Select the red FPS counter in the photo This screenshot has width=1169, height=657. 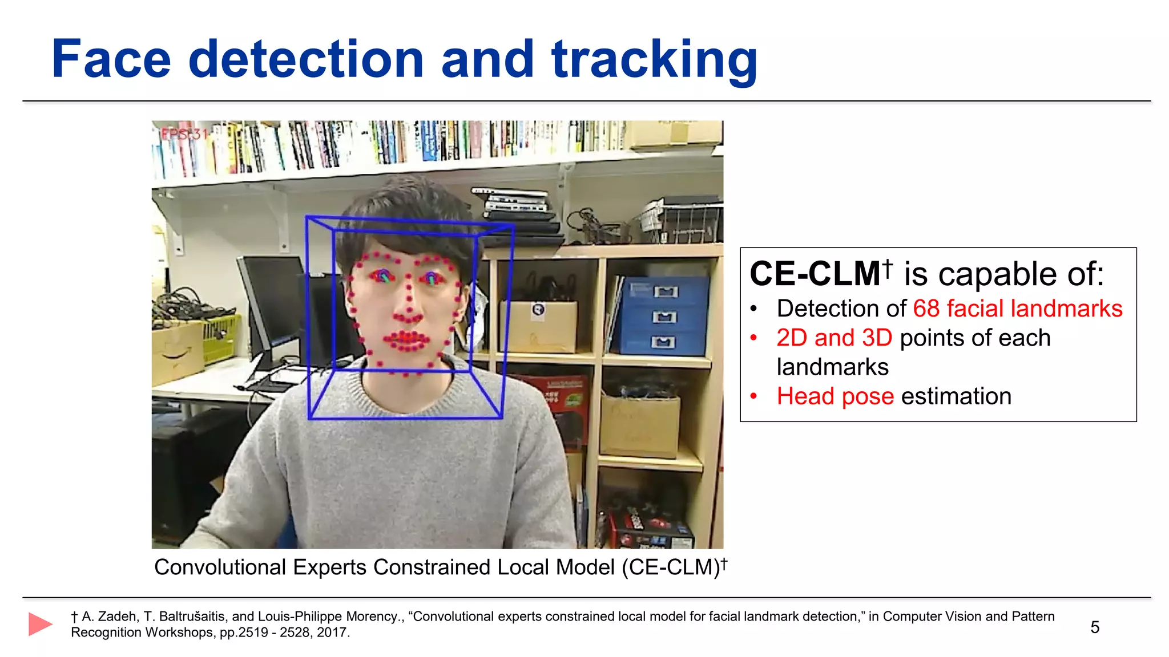coord(184,135)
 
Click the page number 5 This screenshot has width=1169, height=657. coord(1094,627)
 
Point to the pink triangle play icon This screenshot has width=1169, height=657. coord(40,624)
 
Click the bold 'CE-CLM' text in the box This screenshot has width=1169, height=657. coord(815,274)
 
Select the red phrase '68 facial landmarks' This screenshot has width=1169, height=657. coord(1017,309)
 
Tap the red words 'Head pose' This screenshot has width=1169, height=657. coord(835,396)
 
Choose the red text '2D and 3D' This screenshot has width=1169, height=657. coord(834,338)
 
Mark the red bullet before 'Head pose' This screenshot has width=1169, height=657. coord(754,396)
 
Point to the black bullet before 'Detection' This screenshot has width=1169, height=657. coord(754,309)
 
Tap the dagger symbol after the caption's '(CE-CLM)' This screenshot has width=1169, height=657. coord(724,563)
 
